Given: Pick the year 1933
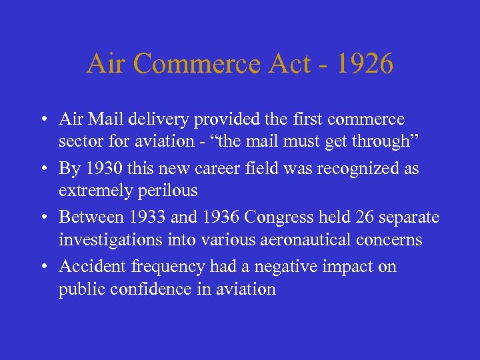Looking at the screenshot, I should (145, 217).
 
